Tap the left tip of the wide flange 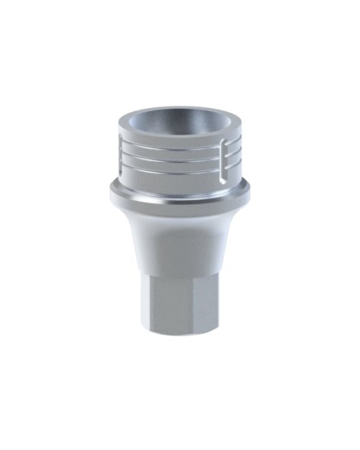110,190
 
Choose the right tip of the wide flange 250,190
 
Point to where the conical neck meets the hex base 176,274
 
